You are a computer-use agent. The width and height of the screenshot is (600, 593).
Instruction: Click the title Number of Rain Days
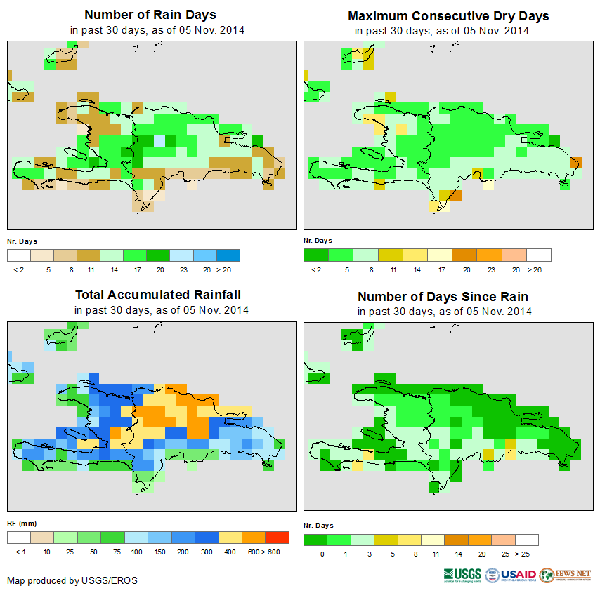point(150,15)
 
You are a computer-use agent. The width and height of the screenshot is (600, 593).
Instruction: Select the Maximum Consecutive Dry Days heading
point(448,15)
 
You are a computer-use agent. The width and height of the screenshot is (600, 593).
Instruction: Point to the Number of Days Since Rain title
point(443,296)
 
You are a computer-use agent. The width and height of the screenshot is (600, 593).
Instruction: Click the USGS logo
point(462,575)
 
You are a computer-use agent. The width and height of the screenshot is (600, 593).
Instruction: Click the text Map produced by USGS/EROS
point(72,580)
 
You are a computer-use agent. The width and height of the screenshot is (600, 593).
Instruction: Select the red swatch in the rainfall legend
point(277,538)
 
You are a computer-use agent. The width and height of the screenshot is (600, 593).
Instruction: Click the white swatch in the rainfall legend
point(19,538)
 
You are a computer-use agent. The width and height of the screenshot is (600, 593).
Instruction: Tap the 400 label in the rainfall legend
point(229,552)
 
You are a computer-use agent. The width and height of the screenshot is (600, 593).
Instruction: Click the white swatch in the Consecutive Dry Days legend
point(539,255)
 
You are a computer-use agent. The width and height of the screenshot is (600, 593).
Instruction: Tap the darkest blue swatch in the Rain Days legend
point(228,255)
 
